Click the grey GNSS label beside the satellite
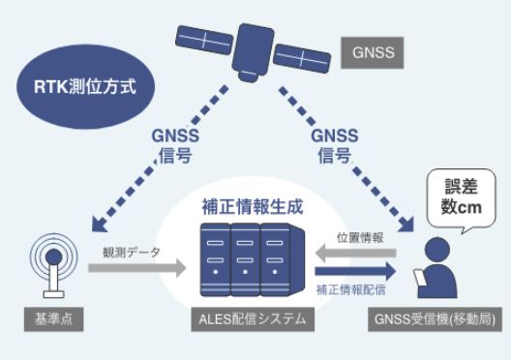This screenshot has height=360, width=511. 372,52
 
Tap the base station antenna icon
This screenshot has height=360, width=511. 49,262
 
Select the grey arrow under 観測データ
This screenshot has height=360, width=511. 136,267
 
